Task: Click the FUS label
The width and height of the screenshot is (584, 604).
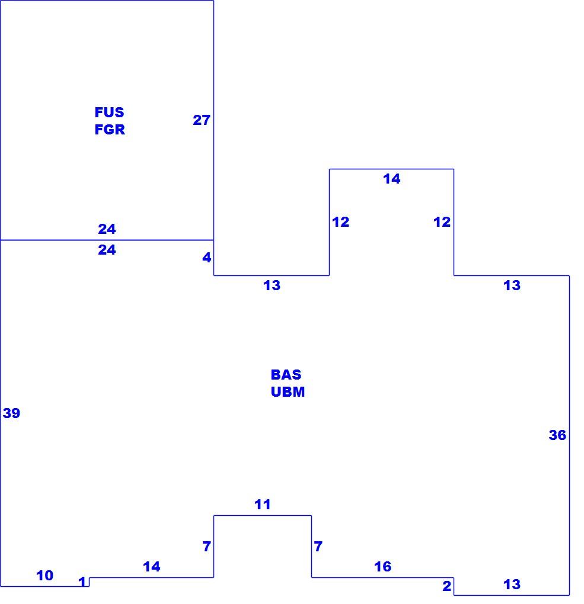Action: [109, 112]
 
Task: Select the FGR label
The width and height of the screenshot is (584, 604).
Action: [110, 130]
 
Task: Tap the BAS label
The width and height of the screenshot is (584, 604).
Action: [286, 374]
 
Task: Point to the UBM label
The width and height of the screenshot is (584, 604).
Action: [288, 392]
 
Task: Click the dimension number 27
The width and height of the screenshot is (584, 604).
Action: [202, 120]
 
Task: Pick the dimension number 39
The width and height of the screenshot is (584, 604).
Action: [11, 413]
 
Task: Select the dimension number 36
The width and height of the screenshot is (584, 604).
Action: [557, 435]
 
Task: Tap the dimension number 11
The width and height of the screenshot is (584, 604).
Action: [262, 505]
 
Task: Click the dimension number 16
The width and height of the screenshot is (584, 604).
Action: [382, 566]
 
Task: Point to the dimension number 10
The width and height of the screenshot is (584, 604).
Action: [44, 575]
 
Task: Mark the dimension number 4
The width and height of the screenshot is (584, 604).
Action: [207, 258]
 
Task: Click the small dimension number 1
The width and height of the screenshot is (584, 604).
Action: [82, 581]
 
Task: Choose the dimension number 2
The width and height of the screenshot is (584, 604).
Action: [446, 586]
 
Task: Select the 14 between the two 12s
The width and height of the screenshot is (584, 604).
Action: [391, 179]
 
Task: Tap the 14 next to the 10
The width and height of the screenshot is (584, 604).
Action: [152, 566]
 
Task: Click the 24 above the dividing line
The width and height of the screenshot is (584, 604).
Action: [107, 229]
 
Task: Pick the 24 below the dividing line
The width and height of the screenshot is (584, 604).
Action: [107, 250]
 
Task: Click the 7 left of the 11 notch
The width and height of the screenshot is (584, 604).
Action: [207, 546]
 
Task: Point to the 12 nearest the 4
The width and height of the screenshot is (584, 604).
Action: [340, 222]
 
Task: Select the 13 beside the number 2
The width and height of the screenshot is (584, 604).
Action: [512, 584]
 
